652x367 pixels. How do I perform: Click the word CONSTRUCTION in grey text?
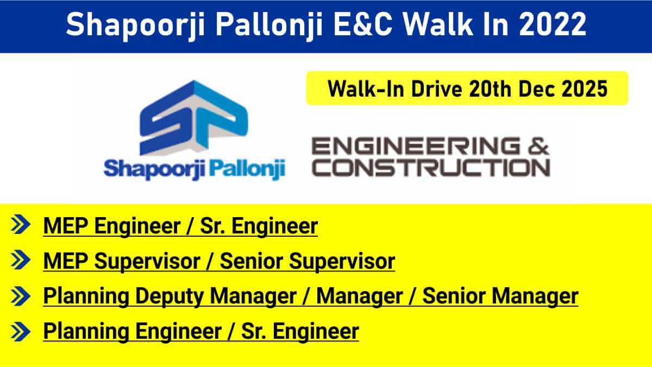coord(432,167)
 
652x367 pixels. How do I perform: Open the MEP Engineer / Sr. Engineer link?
coord(180,226)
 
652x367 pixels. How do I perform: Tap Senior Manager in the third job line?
coord(500,296)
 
